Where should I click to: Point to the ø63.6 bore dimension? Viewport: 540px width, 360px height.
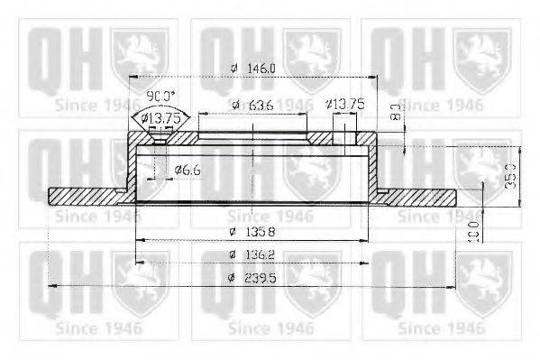[252, 105]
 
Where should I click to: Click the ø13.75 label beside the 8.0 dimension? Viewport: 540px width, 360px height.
[348, 105]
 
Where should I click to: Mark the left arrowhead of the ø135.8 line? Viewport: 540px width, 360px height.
[138, 240]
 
